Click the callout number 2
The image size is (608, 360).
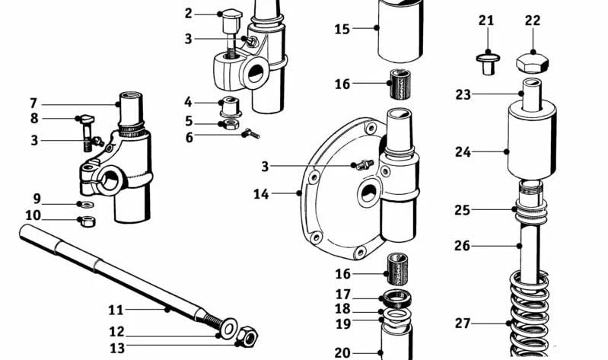189,13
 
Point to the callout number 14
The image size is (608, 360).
261,195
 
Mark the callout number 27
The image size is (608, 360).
463,323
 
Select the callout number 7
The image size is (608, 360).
33,103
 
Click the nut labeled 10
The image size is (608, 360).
87,221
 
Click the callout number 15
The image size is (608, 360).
342,30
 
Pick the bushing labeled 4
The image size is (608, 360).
228,104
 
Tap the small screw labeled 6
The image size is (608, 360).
250,134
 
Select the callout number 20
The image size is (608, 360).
342,352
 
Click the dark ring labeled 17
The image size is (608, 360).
396,295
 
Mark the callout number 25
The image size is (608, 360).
463,209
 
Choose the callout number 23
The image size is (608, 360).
463,94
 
